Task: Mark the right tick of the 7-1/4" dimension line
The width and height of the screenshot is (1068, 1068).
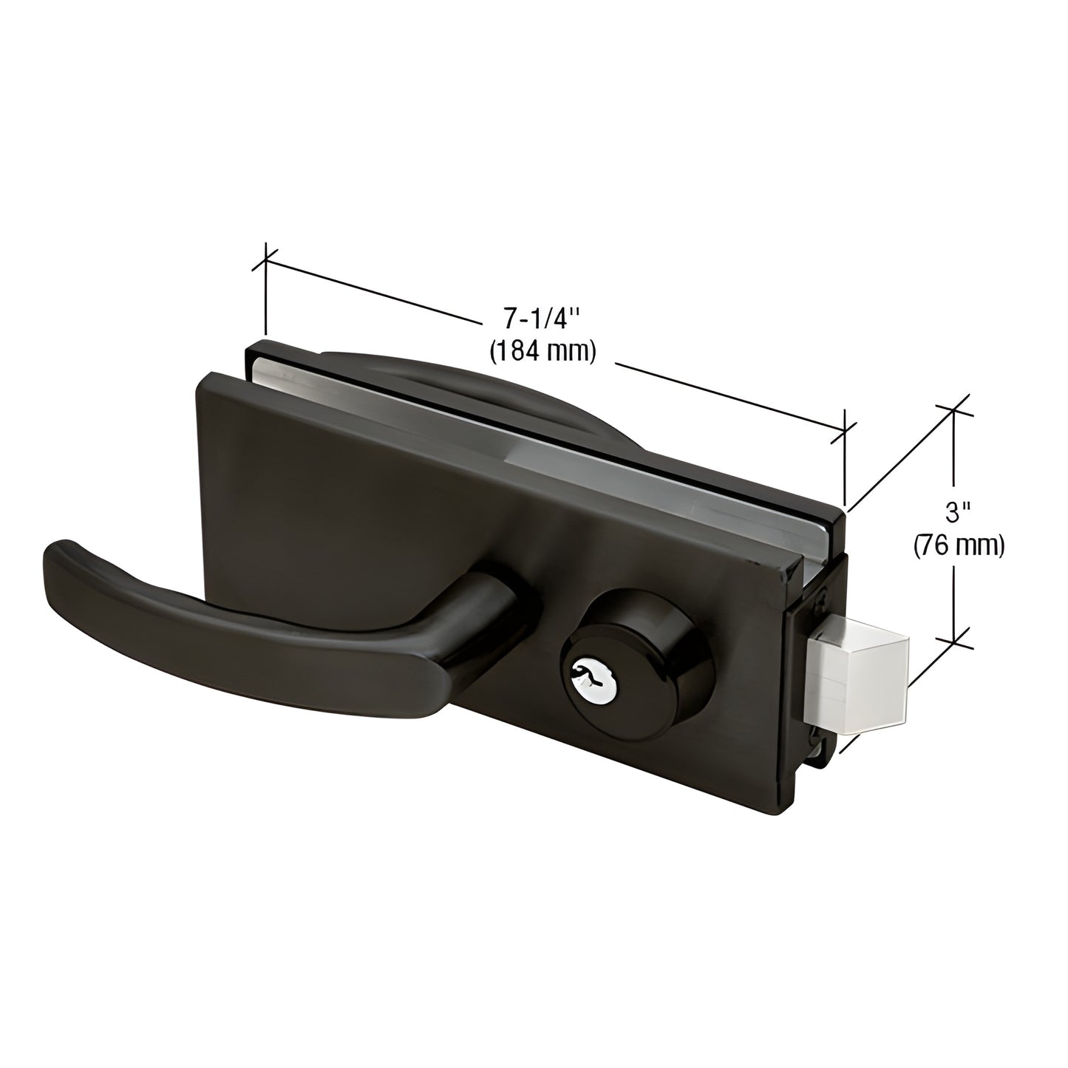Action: click(844, 431)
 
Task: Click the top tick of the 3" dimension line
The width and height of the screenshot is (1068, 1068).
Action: click(953, 412)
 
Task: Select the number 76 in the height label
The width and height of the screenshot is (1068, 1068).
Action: click(940, 545)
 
